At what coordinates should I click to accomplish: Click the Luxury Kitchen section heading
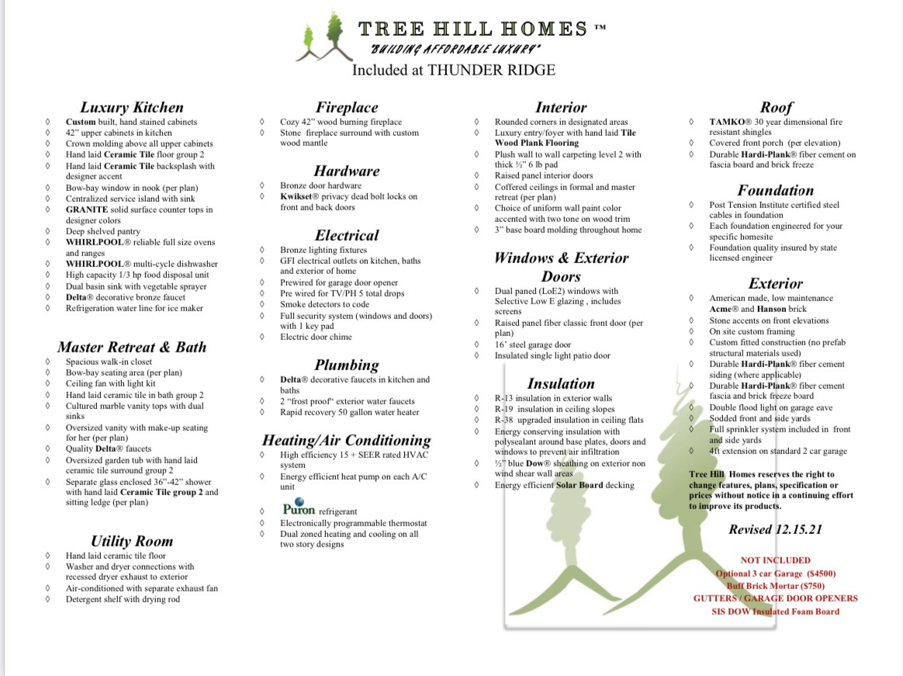coord(132,108)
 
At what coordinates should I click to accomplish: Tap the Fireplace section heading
coord(347,108)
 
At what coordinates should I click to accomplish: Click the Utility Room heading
coord(131,541)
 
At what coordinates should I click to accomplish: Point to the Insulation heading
coord(561,383)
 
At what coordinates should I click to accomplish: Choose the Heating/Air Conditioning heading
coord(346,440)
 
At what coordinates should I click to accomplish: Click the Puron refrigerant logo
coord(299,509)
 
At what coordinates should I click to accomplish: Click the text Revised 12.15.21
coord(775,530)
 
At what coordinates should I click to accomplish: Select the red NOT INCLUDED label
coord(775,560)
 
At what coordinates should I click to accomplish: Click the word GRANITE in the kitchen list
coord(86,210)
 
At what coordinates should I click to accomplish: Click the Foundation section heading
coord(776,190)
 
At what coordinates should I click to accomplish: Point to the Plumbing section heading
coord(347,365)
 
